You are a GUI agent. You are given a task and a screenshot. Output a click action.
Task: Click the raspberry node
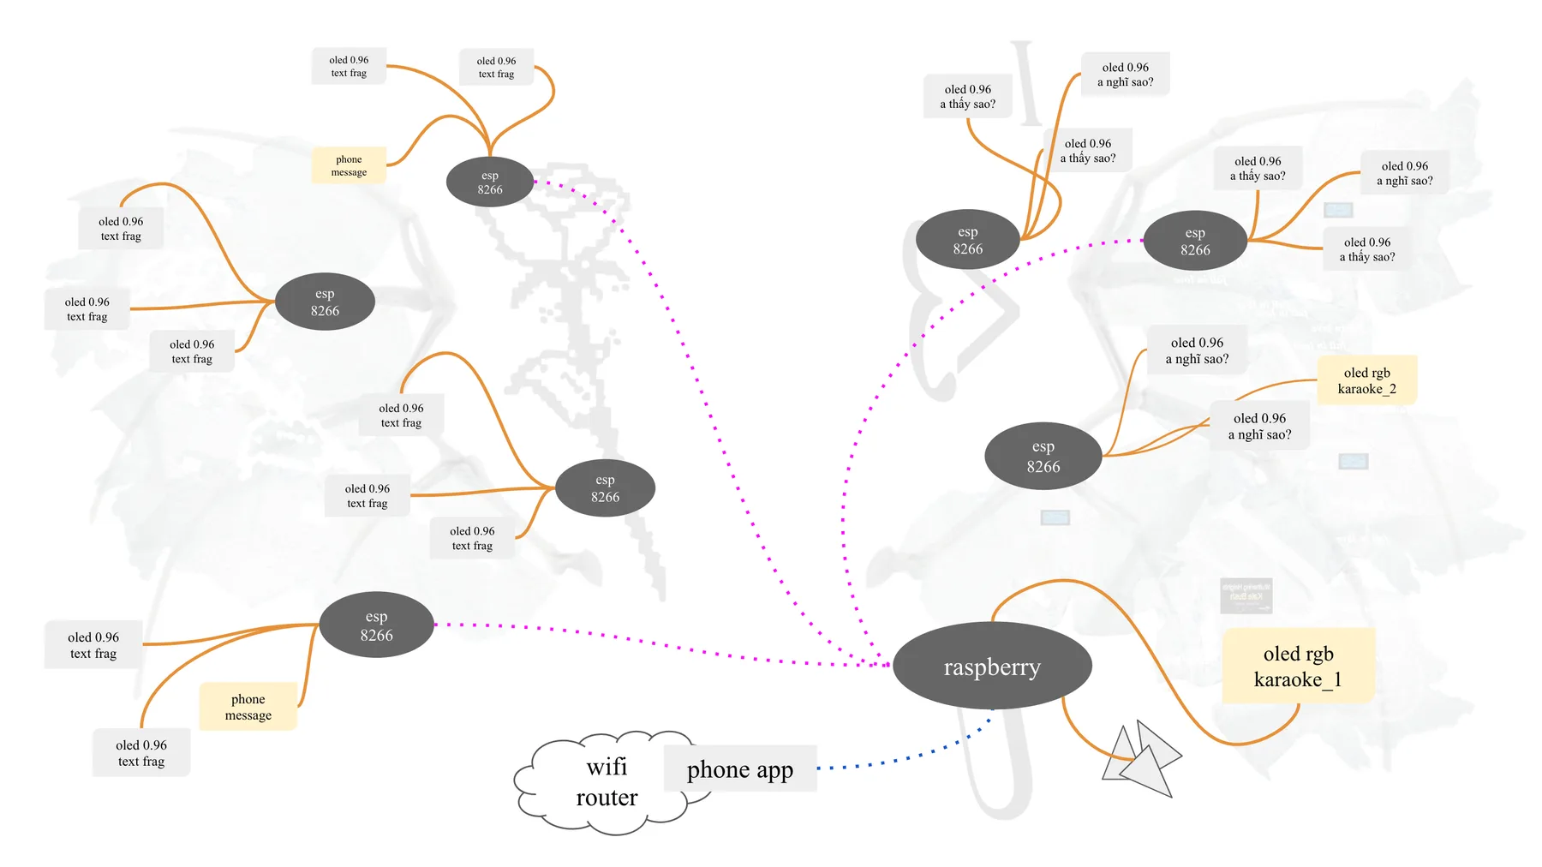click(x=992, y=666)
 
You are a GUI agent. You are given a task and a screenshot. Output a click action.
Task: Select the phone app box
click(x=740, y=768)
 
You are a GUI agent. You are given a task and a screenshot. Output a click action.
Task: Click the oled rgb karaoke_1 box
click(x=1298, y=667)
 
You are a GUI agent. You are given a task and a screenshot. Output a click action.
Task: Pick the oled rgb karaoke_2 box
click(x=1367, y=380)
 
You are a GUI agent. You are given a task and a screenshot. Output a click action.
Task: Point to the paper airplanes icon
click(x=1141, y=758)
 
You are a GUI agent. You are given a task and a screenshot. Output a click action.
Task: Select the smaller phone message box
click(x=349, y=165)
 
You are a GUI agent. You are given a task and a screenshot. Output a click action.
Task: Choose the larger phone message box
click(x=248, y=707)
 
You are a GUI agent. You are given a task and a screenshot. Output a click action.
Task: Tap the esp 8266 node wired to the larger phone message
click(x=376, y=625)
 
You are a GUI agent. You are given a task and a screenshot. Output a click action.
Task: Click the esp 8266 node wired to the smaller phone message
click(x=490, y=182)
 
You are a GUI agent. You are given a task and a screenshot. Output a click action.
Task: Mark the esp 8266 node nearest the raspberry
click(x=1043, y=456)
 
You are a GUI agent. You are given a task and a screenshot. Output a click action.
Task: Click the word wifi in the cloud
click(x=607, y=766)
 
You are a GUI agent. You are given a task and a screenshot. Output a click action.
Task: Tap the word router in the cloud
click(x=607, y=798)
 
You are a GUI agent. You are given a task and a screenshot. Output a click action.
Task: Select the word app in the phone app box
click(x=774, y=771)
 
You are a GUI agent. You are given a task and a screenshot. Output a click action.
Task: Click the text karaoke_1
click(x=1298, y=679)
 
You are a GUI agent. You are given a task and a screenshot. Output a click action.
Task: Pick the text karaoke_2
click(x=1367, y=389)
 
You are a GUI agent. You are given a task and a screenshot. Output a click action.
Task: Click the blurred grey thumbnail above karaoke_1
click(x=1246, y=595)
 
